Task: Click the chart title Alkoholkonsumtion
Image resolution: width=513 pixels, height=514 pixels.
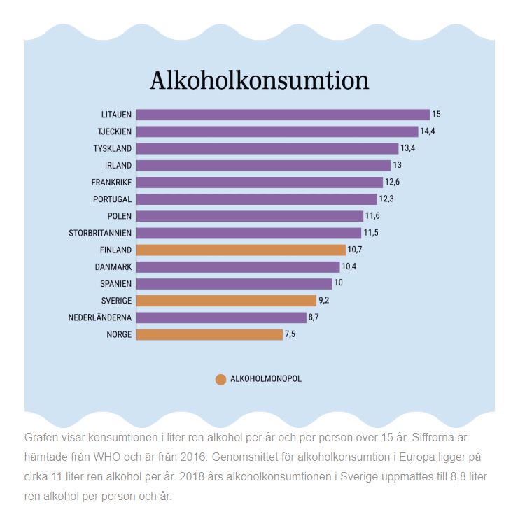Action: (259, 80)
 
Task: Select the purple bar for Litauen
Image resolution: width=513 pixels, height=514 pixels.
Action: (283, 115)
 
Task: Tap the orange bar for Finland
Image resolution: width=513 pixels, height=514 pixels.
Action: (241, 250)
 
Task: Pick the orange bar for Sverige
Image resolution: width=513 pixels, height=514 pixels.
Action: (226, 301)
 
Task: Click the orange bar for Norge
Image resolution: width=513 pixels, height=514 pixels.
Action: (209, 334)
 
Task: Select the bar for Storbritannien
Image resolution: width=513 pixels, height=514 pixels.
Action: (248, 233)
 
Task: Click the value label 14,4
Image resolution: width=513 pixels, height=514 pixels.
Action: (428, 131)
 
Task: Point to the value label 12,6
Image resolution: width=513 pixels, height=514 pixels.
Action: (393, 183)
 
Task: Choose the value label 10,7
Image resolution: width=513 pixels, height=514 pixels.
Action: (356, 250)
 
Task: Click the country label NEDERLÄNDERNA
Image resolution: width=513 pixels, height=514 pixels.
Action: (99, 317)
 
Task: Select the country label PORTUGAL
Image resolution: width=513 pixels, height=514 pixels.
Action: (112, 199)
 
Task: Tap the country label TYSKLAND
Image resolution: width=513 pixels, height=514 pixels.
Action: (113, 148)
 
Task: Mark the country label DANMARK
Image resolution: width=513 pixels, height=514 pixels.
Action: (113, 266)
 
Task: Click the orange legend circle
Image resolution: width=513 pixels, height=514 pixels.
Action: (220, 380)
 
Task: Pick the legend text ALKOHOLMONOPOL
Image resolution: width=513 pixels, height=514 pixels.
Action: (266, 379)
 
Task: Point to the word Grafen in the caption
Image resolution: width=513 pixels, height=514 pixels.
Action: (41, 437)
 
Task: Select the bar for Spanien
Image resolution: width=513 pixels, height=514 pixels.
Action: (234, 283)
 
